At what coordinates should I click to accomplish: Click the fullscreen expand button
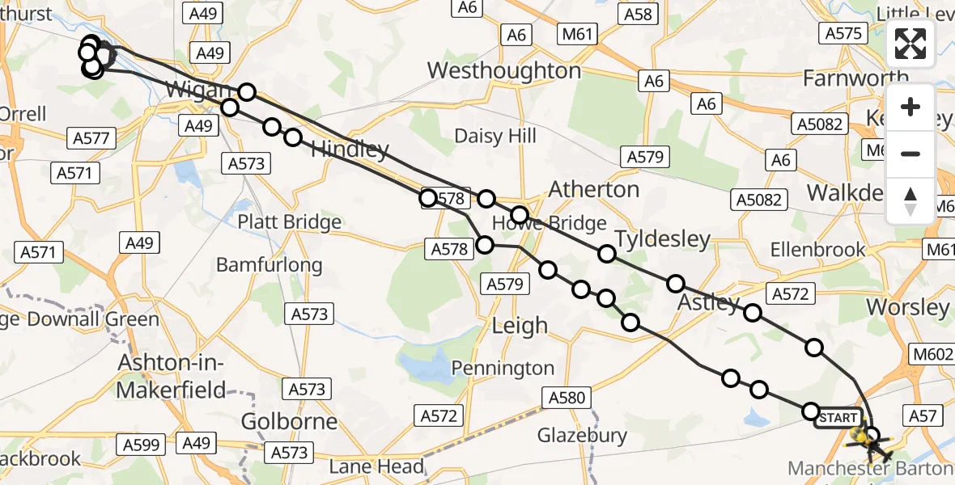910,44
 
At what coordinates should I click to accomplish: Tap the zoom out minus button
910,154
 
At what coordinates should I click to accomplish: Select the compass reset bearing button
910,200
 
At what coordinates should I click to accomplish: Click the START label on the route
838,418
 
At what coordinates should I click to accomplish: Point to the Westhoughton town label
503,71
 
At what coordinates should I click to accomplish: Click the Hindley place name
350,150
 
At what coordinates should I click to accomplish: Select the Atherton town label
594,189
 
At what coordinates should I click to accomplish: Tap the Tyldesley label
662,239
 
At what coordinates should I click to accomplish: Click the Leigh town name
520,326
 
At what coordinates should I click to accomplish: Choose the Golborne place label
290,422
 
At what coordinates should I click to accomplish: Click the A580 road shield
567,398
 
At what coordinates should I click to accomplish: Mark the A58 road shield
639,14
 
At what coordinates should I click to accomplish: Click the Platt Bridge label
289,222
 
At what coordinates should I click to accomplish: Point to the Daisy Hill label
495,136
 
